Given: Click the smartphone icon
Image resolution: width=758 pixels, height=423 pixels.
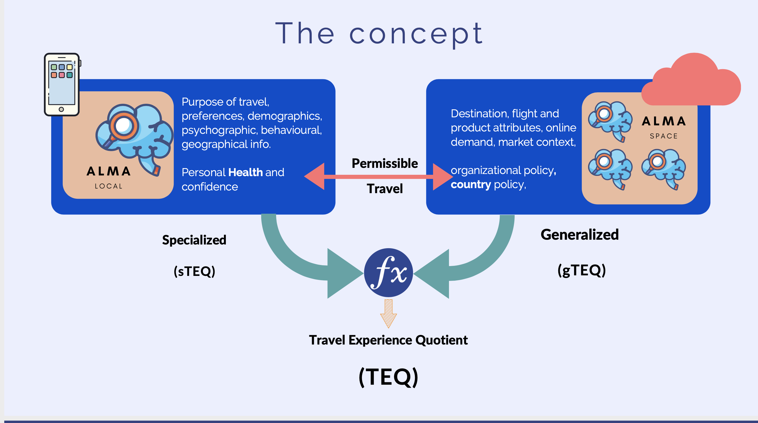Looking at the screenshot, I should pyautogui.click(x=62, y=85).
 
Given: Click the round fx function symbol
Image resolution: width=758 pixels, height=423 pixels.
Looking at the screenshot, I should pyautogui.click(x=388, y=273).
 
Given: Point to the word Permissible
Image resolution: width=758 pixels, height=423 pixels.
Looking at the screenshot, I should pyautogui.click(x=385, y=163).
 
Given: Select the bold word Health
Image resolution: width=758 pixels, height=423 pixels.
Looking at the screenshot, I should pyautogui.click(x=245, y=172).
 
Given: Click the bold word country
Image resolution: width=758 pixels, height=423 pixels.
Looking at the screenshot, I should pyautogui.click(x=470, y=185).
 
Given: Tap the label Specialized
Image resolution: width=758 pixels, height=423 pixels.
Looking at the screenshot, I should pyautogui.click(x=194, y=240).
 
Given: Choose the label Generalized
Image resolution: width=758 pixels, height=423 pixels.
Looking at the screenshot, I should pyautogui.click(x=580, y=235).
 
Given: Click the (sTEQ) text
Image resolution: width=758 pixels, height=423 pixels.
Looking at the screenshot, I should pyautogui.click(x=194, y=271).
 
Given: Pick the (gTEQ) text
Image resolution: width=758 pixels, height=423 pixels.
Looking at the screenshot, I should pyautogui.click(x=581, y=270).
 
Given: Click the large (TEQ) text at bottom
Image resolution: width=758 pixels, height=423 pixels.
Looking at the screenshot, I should pyautogui.click(x=388, y=377).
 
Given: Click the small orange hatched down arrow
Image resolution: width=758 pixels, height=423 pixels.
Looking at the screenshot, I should pyautogui.click(x=388, y=313).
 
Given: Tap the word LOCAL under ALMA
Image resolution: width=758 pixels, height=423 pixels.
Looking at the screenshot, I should pyautogui.click(x=109, y=186).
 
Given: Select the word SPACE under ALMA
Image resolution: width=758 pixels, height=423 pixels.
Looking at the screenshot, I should pyautogui.click(x=664, y=136).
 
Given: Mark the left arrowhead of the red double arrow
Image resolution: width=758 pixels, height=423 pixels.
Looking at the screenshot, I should pyautogui.click(x=315, y=177).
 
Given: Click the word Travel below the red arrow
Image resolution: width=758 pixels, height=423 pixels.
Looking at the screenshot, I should pyautogui.click(x=385, y=189).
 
